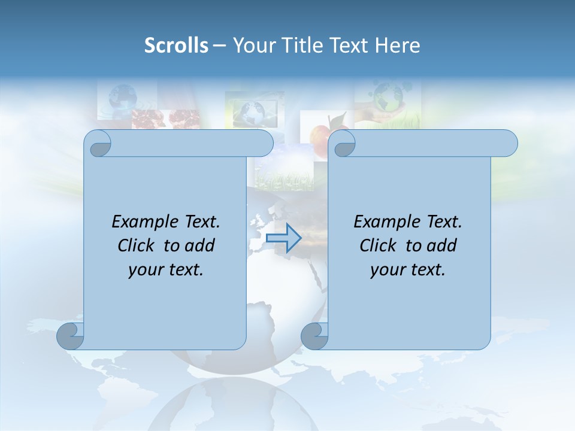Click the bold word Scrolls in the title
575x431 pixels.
[176, 45]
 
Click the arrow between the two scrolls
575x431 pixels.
[283, 238]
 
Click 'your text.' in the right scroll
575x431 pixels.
[408, 269]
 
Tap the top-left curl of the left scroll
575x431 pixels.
[98, 144]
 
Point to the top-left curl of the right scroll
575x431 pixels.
[343, 144]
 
